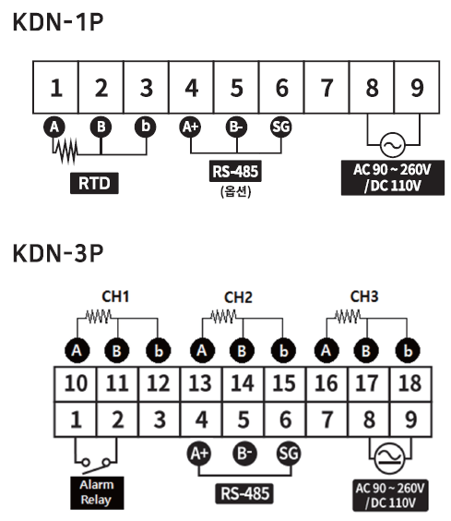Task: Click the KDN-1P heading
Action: (x=58, y=22)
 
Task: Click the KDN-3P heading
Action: (x=58, y=253)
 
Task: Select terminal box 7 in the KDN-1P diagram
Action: (x=326, y=88)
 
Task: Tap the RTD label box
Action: (x=94, y=183)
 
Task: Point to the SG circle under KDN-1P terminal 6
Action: (x=281, y=127)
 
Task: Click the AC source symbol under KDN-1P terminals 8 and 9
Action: (x=393, y=145)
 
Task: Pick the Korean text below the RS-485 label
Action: (x=235, y=191)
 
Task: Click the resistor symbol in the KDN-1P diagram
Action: (x=66, y=151)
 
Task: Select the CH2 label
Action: (x=238, y=297)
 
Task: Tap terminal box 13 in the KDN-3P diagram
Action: (x=201, y=384)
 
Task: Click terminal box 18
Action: (x=410, y=384)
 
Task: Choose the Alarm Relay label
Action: (x=97, y=492)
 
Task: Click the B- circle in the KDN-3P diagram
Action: (x=245, y=454)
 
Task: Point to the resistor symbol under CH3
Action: (x=348, y=316)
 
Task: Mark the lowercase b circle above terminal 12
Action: (x=159, y=351)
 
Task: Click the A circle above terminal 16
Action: (x=326, y=351)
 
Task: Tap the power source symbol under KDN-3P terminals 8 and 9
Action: (x=389, y=458)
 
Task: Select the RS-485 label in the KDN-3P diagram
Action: (x=245, y=493)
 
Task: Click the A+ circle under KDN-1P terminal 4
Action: (x=190, y=127)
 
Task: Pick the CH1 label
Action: (x=115, y=297)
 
